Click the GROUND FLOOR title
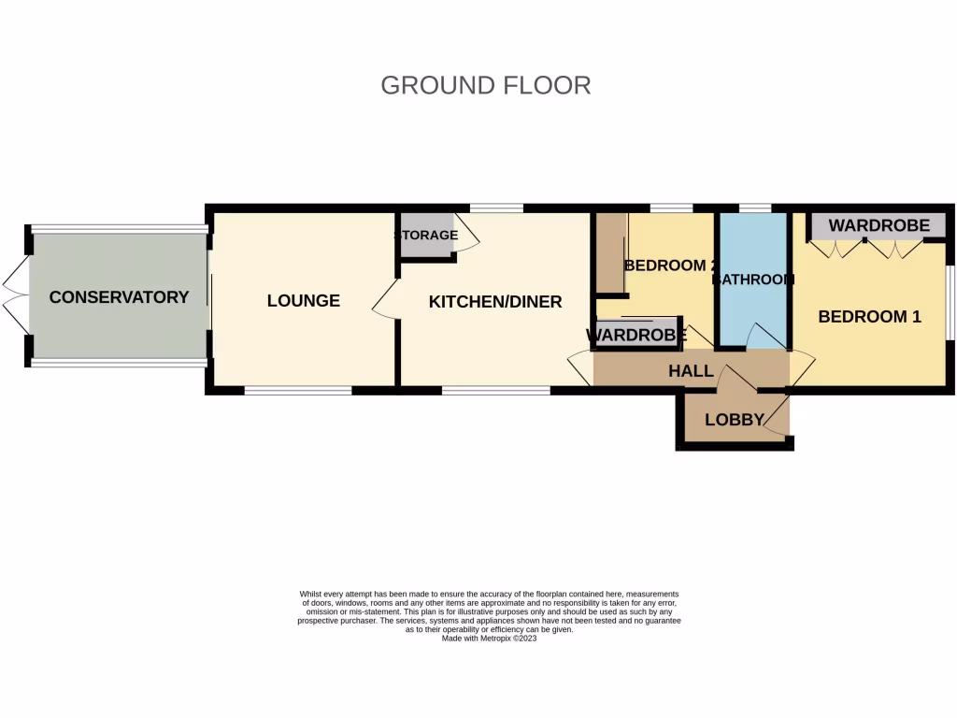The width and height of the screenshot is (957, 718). point(485,85)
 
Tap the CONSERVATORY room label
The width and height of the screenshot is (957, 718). point(119,297)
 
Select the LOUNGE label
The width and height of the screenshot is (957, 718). point(303,300)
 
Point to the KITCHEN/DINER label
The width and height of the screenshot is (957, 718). point(495,301)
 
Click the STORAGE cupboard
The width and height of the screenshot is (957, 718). point(425,235)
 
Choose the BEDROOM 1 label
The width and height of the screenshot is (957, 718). point(869,317)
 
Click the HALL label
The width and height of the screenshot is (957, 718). point(691,371)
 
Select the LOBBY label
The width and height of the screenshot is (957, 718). point(735,420)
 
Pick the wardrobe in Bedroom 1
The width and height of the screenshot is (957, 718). point(878,225)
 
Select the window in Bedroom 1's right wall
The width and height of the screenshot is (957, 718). point(950,303)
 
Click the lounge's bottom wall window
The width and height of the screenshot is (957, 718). point(297,390)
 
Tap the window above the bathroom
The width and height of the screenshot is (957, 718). point(754,208)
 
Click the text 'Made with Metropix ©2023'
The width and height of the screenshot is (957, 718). point(489,638)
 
